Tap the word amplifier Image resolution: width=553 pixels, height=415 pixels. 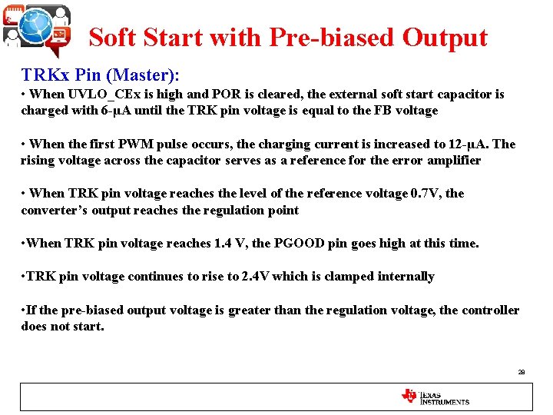[454, 160]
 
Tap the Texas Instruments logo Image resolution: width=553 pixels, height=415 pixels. [435, 397]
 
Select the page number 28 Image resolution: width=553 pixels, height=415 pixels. [521, 372]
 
